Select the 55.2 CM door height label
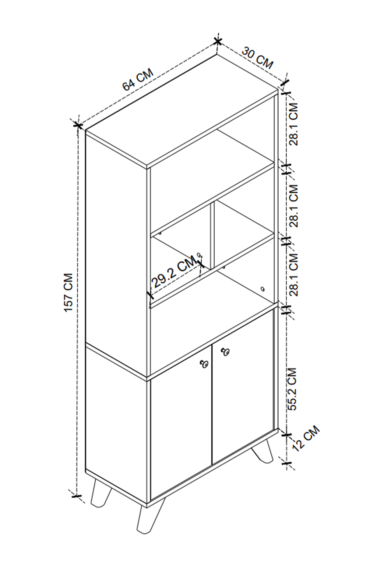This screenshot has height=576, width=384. [292, 389]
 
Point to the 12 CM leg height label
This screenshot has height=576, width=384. [306, 438]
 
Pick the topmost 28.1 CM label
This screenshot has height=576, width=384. [293, 124]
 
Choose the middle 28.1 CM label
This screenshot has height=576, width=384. [293, 206]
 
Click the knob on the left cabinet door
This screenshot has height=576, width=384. [204, 364]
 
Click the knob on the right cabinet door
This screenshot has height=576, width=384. [225, 352]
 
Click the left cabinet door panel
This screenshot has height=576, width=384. [181, 426]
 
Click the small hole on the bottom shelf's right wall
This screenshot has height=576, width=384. [263, 289]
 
